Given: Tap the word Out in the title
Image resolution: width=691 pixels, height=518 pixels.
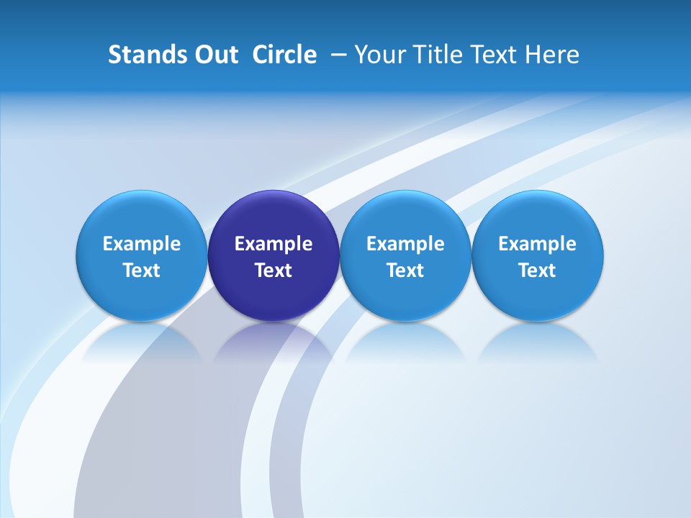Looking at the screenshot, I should [214, 55].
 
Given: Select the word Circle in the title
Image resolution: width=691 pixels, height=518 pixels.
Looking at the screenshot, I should [284, 55].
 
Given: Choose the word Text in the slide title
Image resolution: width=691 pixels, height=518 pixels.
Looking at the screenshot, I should [497, 55].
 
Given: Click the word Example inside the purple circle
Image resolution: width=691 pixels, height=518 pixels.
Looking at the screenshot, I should [274, 244].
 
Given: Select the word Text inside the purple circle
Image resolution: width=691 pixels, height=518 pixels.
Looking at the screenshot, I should [274, 271].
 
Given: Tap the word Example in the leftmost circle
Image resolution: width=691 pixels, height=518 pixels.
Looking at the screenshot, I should [142, 244].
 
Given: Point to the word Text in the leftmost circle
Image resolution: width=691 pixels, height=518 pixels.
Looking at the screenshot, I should [142, 271].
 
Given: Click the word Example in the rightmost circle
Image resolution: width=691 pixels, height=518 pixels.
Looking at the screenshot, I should [538, 244].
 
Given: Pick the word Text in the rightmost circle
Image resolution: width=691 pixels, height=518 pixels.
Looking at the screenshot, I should [538, 271].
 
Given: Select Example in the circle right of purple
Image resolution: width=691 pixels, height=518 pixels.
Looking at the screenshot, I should [406, 244].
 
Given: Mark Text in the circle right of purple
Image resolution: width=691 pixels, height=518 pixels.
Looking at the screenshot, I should [406, 271].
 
